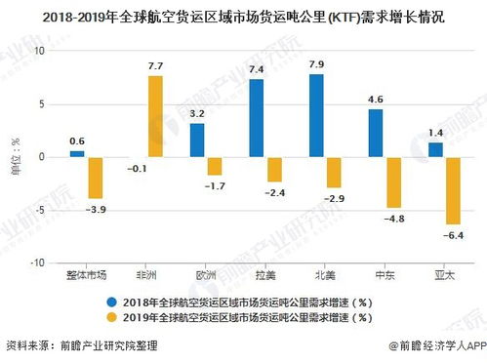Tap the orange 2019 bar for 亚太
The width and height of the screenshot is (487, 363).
tap(454, 190)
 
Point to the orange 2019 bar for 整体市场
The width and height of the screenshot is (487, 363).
tap(96, 178)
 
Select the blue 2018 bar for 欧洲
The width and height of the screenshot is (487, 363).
tap(197, 141)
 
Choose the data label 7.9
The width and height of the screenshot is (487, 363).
tap(316, 64)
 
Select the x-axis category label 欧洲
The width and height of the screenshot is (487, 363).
tap(206, 275)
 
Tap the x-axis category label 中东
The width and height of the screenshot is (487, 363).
tap(386, 275)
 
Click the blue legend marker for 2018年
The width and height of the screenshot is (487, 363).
tap(112, 301)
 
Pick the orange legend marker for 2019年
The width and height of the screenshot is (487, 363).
tap(112, 316)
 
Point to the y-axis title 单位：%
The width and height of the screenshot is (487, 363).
tap(16, 156)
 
